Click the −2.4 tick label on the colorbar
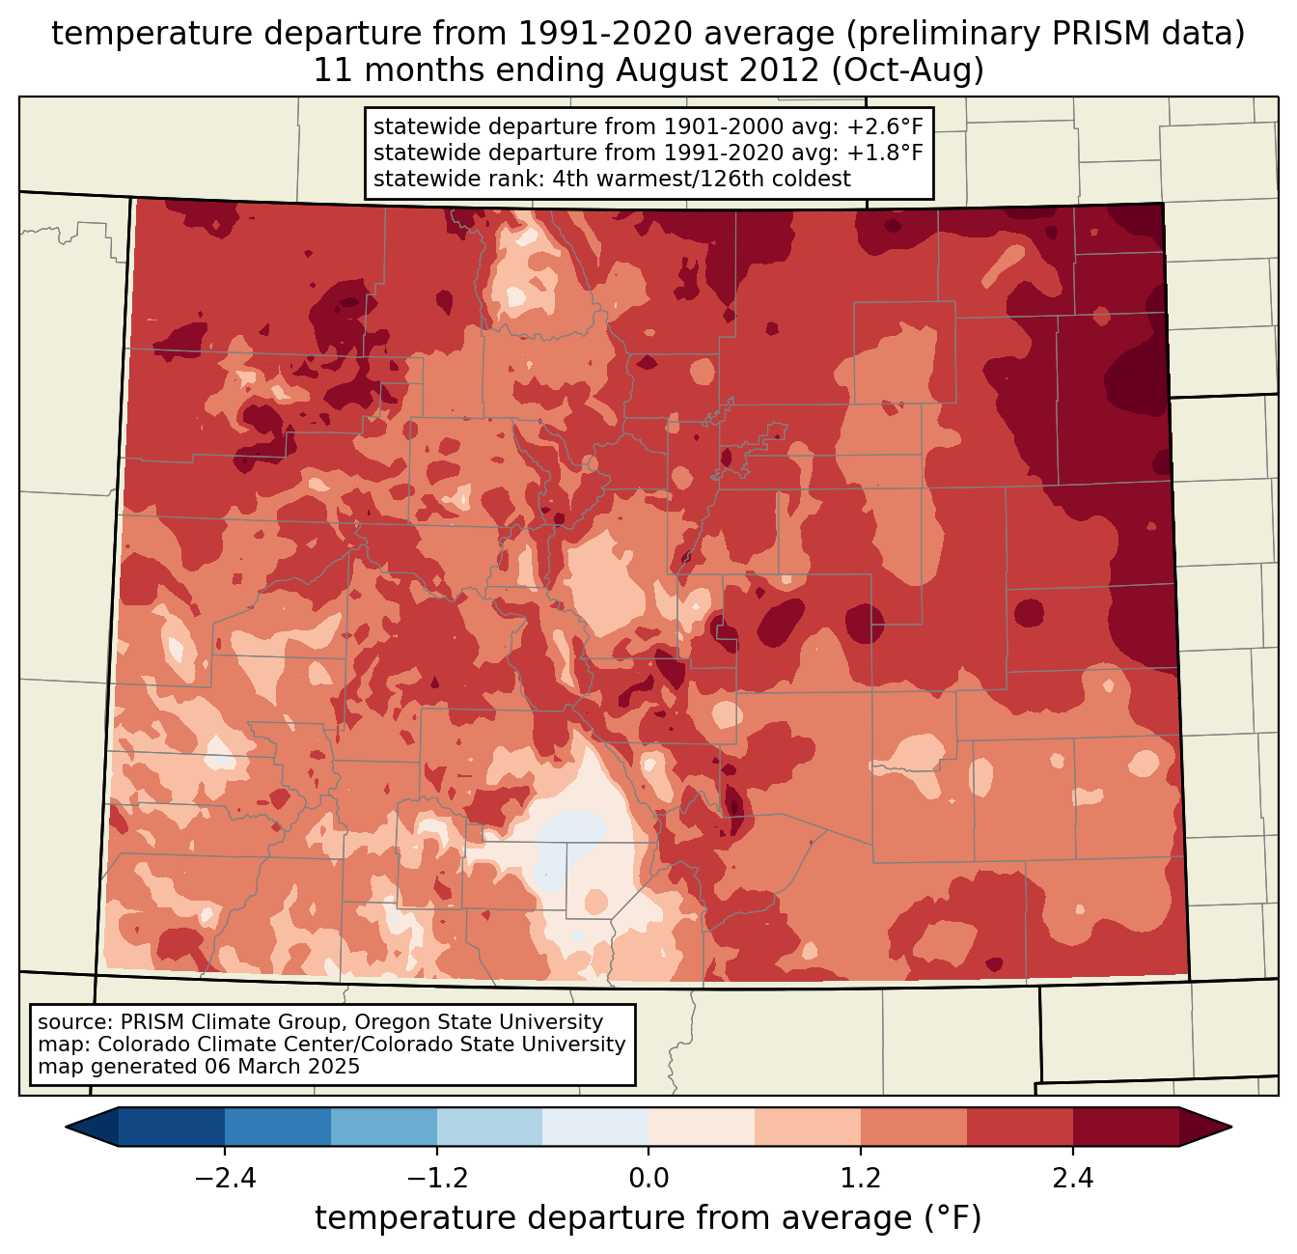tap(224, 1179)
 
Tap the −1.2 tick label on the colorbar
tap(436, 1179)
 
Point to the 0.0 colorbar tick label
tap(648, 1179)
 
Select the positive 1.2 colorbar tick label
tap(861, 1179)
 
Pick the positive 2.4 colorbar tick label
tap(1073, 1179)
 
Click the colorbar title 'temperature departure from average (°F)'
tap(648, 1218)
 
